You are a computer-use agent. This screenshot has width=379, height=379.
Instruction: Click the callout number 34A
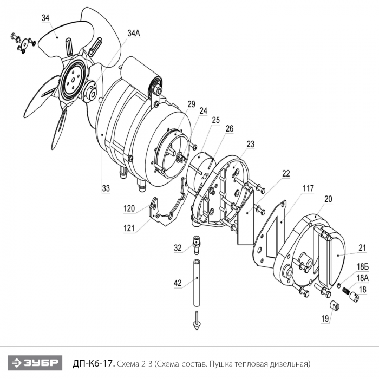pyautogui.click(x=134, y=34)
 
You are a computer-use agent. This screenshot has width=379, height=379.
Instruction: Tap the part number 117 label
pyautogui.click(x=308, y=188)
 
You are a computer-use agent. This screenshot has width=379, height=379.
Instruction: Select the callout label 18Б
pyautogui.click(x=363, y=267)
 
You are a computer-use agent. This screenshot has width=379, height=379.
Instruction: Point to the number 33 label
pyautogui.click(x=106, y=188)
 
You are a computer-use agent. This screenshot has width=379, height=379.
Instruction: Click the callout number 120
pyautogui.click(x=129, y=208)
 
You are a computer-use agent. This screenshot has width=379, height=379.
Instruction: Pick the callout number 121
pyautogui.click(x=129, y=228)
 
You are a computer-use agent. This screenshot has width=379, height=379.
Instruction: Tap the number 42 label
pyautogui.click(x=178, y=283)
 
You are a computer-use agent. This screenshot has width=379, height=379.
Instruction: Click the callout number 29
pyautogui.click(x=191, y=104)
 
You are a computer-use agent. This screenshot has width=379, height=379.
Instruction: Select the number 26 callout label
pyautogui.click(x=230, y=129)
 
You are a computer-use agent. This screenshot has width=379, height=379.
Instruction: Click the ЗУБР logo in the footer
pyautogui.click(x=35, y=363)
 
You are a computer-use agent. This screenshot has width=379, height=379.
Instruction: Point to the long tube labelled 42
pyautogui.click(x=197, y=283)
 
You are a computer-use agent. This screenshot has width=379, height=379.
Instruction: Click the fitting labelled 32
pyautogui.click(x=196, y=244)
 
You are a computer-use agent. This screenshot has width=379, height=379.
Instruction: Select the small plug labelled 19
pyautogui.click(x=335, y=306)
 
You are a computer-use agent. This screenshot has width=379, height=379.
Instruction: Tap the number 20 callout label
pyautogui.click(x=328, y=199)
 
